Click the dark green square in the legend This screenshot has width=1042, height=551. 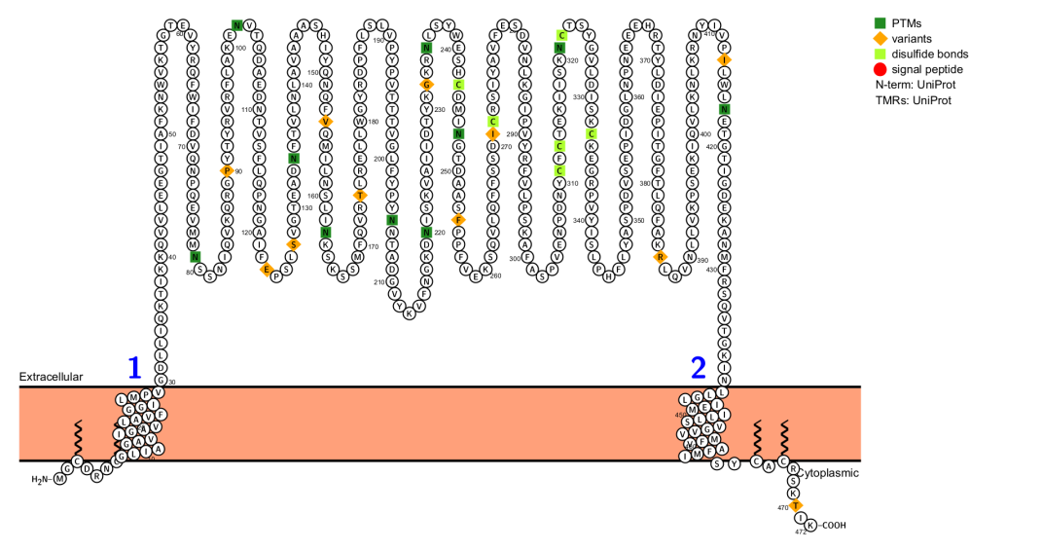[x=880, y=22]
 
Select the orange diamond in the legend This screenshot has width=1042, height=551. [x=880, y=38]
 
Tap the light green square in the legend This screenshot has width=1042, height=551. [x=880, y=54]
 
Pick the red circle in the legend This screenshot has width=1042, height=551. [x=880, y=69]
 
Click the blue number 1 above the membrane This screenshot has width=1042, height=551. [x=134, y=368]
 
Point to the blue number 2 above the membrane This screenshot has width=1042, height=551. [x=698, y=368]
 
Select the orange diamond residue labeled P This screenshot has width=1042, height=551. [x=227, y=170]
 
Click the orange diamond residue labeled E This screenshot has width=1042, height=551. [x=266, y=269]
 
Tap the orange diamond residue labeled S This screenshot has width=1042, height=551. [x=293, y=244]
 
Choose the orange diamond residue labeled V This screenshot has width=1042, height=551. [x=325, y=122]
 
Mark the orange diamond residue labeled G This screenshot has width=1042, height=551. [x=426, y=85]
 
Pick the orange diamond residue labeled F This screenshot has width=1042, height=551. [x=458, y=220]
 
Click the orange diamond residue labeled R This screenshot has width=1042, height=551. [x=661, y=257]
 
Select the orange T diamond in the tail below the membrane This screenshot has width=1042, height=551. [x=795, y=505]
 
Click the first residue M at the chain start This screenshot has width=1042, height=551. [x=60, y=478]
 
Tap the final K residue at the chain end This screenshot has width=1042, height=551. [x=810, y=525]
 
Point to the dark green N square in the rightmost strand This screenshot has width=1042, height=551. [x=724, y=109]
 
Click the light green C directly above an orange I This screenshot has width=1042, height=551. [x=493, y=122]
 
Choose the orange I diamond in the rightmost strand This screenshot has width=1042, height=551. [x=724, y=59]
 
